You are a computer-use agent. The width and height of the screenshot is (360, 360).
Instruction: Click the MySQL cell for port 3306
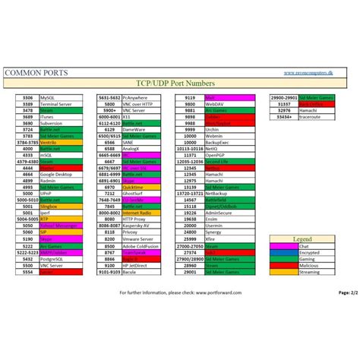[58, 98]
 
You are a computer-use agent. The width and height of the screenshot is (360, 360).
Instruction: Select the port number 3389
[27, 104]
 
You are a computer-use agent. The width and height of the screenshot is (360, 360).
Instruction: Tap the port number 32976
[285, 110]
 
